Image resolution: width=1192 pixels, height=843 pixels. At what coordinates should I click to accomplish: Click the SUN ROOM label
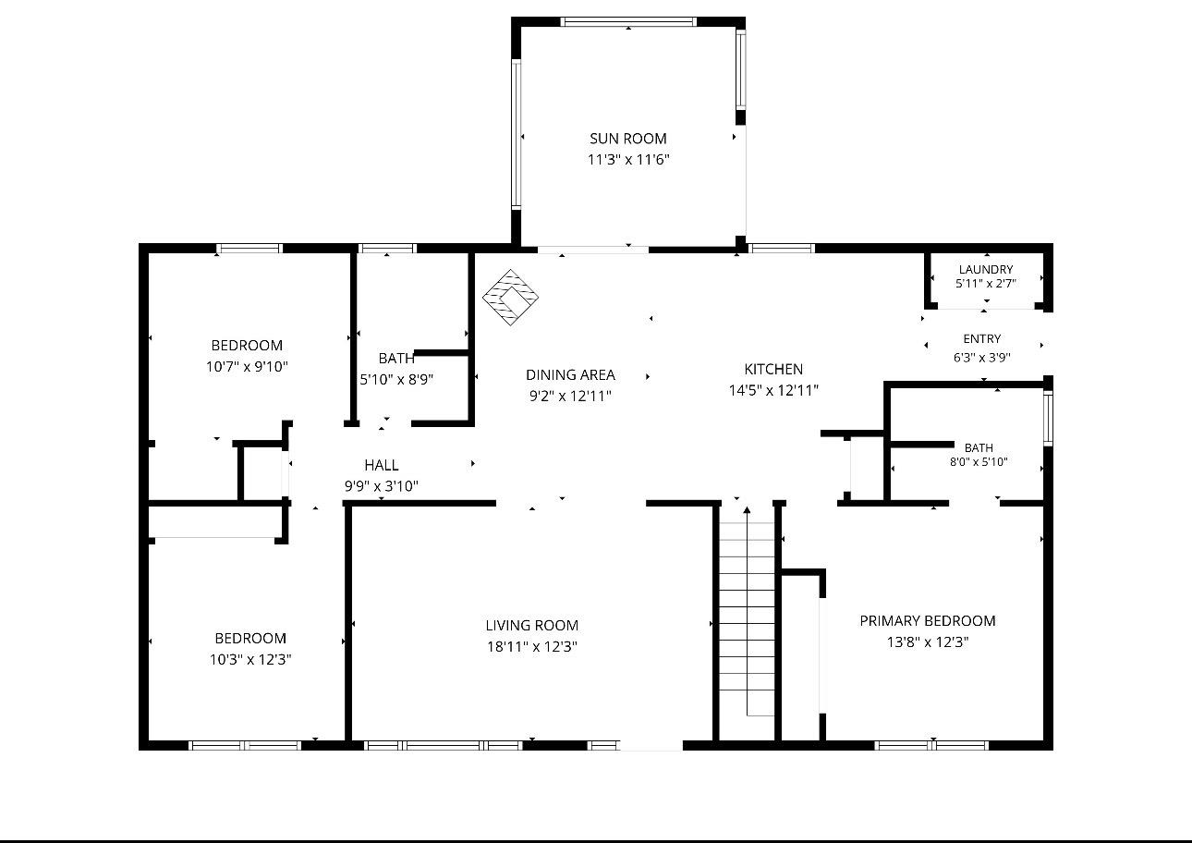pos(628,139)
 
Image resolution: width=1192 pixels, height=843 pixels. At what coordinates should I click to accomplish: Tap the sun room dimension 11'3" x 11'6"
pos(628,160)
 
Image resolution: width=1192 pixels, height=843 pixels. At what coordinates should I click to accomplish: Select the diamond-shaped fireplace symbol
pos(510,297)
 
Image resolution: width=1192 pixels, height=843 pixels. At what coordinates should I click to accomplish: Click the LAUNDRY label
pos(986,269)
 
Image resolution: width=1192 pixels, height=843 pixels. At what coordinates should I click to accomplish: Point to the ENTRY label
pos(982,339)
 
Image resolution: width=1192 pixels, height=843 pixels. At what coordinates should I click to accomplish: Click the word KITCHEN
pos(773,370)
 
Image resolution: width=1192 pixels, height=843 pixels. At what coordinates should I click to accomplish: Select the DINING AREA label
pos(570,375)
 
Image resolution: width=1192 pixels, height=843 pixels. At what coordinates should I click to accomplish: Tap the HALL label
pos(382,465)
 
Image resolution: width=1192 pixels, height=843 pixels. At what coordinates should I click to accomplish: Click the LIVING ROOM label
pos(532,626)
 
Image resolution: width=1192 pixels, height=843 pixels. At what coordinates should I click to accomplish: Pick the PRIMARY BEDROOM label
pos(928,621)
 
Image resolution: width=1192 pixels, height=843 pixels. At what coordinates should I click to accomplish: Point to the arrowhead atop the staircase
pos(748,510)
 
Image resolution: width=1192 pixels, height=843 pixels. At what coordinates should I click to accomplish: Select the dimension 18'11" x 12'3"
pos(532,647)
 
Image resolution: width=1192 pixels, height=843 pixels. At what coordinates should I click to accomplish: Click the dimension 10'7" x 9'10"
pos(247,367)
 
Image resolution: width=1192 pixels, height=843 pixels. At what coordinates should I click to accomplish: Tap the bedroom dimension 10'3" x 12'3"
pos(250,660)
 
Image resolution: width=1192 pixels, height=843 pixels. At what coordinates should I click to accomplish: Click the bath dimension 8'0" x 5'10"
pos(979,462)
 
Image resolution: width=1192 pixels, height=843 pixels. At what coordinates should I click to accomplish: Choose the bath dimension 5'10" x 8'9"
pos(396,380)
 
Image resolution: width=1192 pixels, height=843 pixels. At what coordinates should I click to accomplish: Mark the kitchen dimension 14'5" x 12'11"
pos(773,391)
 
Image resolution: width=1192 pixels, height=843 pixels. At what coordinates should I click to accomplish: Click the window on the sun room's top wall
pos(628,22)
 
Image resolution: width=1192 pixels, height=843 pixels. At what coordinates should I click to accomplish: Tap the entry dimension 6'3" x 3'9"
pos(982,358)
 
